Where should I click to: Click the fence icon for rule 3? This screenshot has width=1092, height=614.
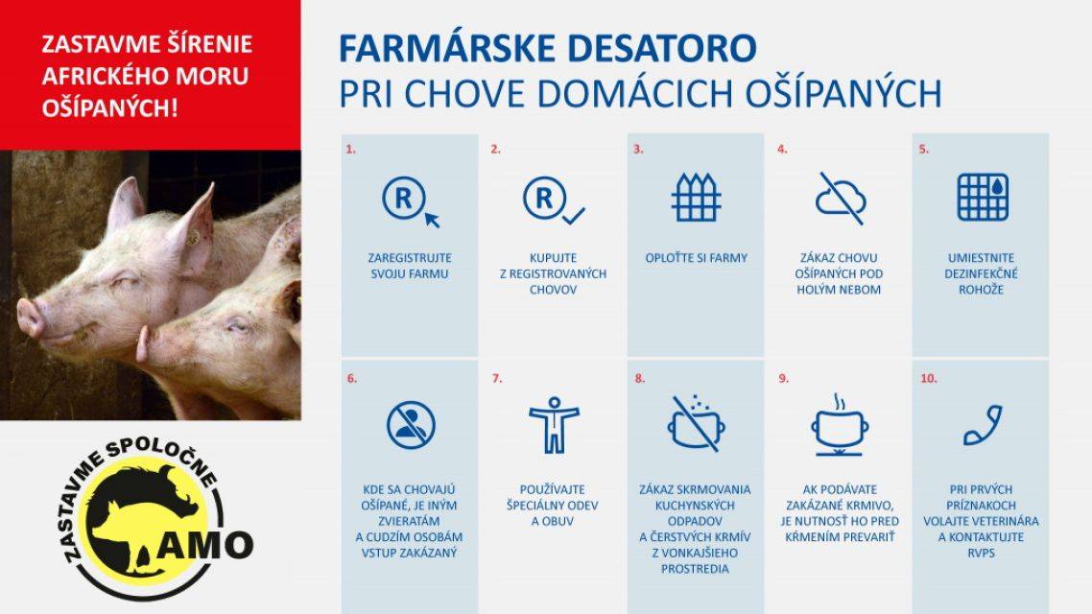pyautogui.click(x=696, y=198)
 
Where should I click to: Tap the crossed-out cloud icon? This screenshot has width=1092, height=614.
pyautogui.click(x=840, y=198)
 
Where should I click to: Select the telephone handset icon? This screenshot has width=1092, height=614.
pyautogui.click(x=982, y=425)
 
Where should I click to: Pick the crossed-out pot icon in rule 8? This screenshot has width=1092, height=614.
pyautogui.click(x=696, y=423)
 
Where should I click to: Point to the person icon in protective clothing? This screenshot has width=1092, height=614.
pyautogui.click(x=554, y=423)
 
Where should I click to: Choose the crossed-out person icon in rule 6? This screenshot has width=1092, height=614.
pyautogui.click(x=411, y=423)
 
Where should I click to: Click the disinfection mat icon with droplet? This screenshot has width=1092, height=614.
pyautogui.click(x=982, y=198)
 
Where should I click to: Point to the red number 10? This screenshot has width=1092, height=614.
pyautogui.click(x=928, y=379)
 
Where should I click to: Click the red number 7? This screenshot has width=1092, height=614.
pyautogui.click(x=496, y=379)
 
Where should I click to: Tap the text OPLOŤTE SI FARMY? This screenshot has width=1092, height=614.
pyautogui.click(x=696, y=258)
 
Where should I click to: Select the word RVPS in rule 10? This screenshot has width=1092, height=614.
pyautogui.click(x=982, y=552)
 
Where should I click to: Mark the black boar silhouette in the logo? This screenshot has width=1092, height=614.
pyautogui.click(x=134, y=508)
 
